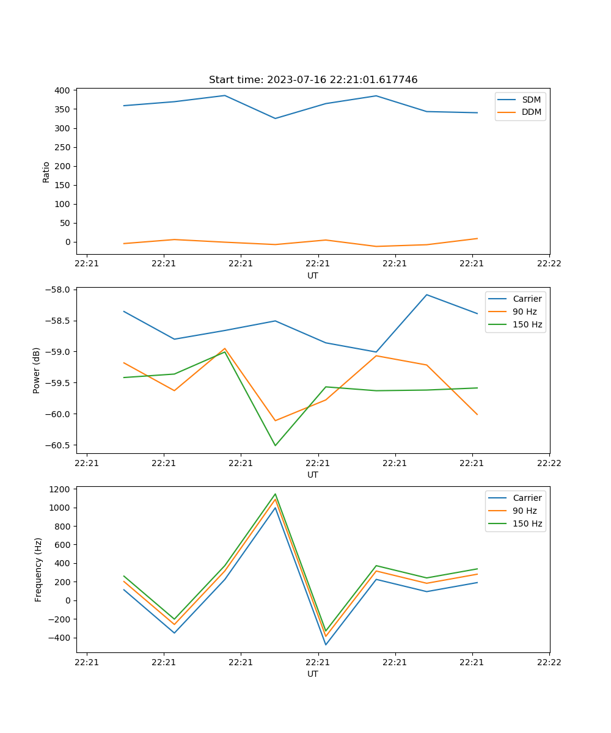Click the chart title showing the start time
(313, 80)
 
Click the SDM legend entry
(531, 100)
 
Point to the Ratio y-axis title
(46, 172)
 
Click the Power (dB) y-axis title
(37, 370)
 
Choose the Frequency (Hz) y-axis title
(38, 569)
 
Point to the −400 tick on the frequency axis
(60, 638)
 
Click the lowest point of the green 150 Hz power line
(275, 445)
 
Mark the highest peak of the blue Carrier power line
(426, 294)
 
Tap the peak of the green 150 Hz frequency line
(275, 494)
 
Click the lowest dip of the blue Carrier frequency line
(326, 644)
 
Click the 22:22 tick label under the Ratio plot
(549, 264)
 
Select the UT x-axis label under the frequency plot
(313, 674)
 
